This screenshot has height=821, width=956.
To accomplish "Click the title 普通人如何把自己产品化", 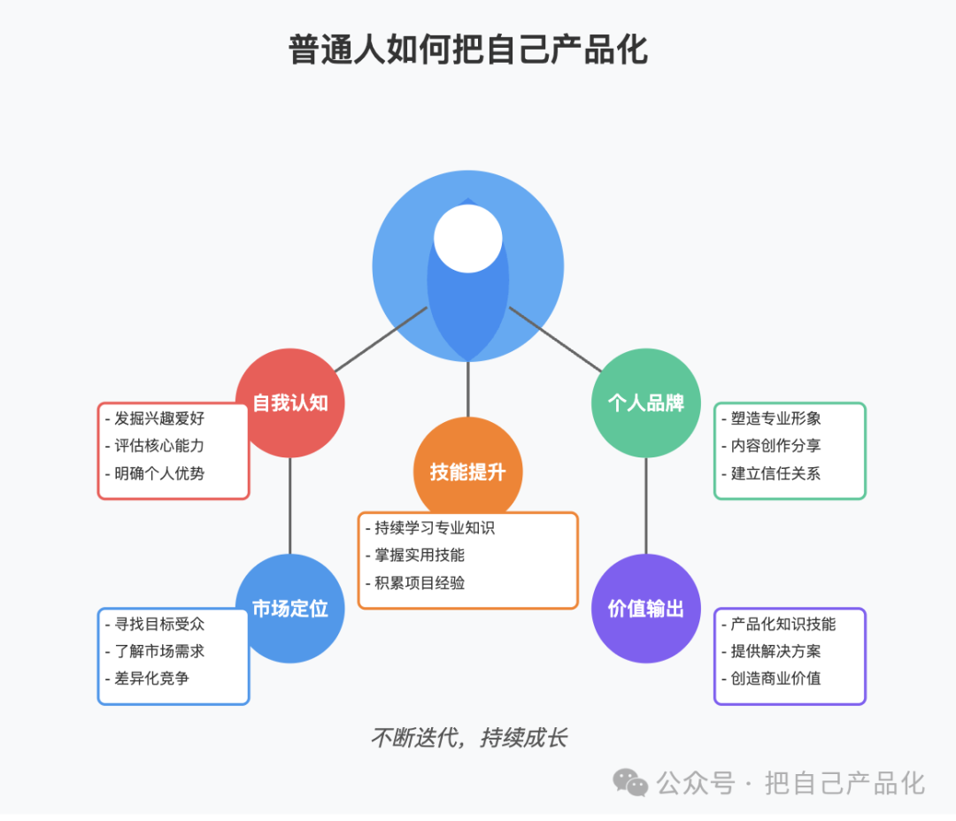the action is tap(467, 50).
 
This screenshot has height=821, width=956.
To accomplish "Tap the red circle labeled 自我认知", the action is tap(290, 403).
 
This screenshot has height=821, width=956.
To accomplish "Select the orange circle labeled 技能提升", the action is tap(467, 469).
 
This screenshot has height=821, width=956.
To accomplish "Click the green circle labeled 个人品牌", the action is tap(645, 403).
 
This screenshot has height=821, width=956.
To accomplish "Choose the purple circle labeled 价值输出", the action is tap(645, 609).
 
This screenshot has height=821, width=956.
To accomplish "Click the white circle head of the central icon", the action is tap(467, 238).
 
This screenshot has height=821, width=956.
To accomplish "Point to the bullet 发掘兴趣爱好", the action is tap(155, 418).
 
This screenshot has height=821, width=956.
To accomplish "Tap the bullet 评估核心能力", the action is tap(155, 446).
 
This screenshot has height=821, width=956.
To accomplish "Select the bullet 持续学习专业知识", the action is tap(430, 528).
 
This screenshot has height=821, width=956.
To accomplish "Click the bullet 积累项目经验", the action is tap(415, 583).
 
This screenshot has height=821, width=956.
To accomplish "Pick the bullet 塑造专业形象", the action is tap(771, 418).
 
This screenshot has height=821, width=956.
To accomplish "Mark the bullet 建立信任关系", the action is tap(771, 473).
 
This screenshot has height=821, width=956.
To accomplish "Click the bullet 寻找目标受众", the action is tap(155, 624).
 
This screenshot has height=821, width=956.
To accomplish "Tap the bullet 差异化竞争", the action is tap(147, 679).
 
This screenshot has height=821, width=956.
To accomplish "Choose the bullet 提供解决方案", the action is tap(771, 651).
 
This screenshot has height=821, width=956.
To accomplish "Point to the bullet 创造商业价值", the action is tap(771, 679).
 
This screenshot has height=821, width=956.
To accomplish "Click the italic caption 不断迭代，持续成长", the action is tap(469, 738).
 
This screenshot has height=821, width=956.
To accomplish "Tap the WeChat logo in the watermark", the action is tap(630, 783).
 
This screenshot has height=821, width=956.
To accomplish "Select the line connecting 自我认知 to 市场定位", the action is tap(290, 506).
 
